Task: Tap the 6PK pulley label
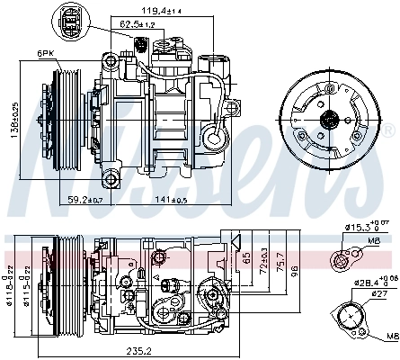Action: [x=45, y=55]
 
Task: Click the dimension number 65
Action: [x=246, y=257]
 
